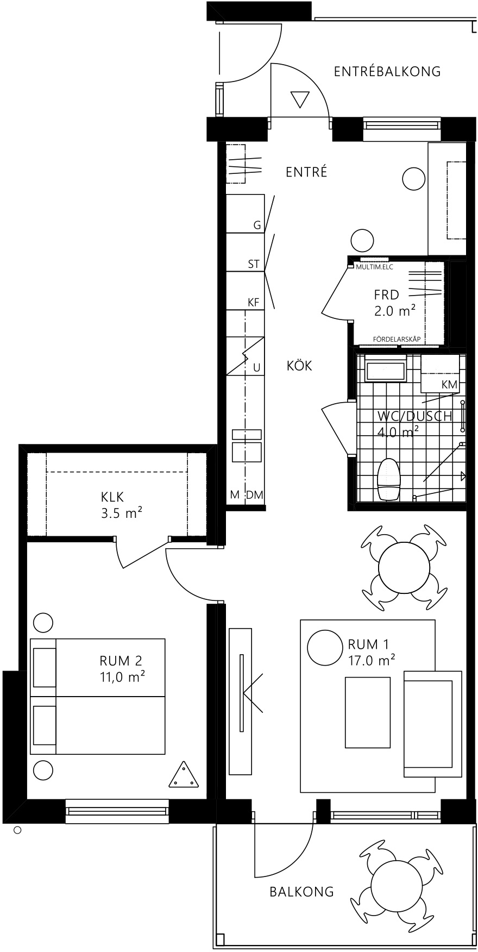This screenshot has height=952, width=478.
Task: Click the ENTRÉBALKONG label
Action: (x=387, y=71)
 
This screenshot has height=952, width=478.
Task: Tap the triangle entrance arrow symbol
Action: (x=300, y=99)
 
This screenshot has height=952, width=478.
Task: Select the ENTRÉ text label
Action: (x=306, y=172)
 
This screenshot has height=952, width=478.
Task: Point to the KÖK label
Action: (x=299, y=366)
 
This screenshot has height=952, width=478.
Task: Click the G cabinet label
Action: (x=257, y=225)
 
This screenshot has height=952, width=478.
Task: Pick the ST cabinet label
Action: (x=254, y=265)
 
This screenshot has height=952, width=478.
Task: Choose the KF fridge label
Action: (x=254, y=303)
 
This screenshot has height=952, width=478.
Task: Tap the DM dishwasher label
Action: (x=254, y=494)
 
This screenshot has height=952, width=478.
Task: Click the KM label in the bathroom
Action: (x=449, y=384)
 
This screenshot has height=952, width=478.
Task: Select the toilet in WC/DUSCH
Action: (x=389, y=479)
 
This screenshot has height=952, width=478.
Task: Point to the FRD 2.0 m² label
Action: (x=394, y=303)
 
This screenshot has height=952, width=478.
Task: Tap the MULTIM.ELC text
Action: (x=374, y=267)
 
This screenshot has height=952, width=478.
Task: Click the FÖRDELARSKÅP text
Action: (x=397, y=339)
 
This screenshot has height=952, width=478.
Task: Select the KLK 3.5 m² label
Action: (x=122, y=504)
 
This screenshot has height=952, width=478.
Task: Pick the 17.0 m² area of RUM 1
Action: (x=372, y=660)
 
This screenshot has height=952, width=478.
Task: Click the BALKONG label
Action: (x=301, y=892)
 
